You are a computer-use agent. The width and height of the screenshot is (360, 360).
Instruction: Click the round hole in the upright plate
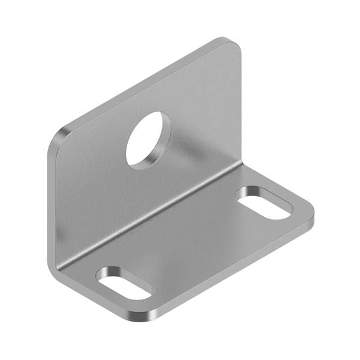[x=148, y=140]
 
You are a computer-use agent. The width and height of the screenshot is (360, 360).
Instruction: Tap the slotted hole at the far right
[x=264, y=203]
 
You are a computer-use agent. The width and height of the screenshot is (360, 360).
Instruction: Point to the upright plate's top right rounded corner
[x=231, y=44]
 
